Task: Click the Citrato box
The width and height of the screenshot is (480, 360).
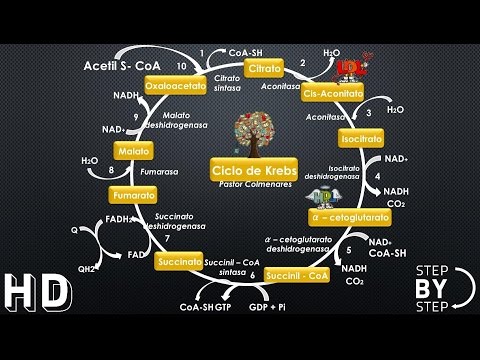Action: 264,70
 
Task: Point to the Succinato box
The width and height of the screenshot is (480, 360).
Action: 180,261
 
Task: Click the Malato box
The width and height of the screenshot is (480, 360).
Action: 132,151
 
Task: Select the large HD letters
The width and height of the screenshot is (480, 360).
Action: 37,293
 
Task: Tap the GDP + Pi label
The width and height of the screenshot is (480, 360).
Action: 268,307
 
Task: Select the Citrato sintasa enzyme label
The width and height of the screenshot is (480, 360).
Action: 227,84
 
